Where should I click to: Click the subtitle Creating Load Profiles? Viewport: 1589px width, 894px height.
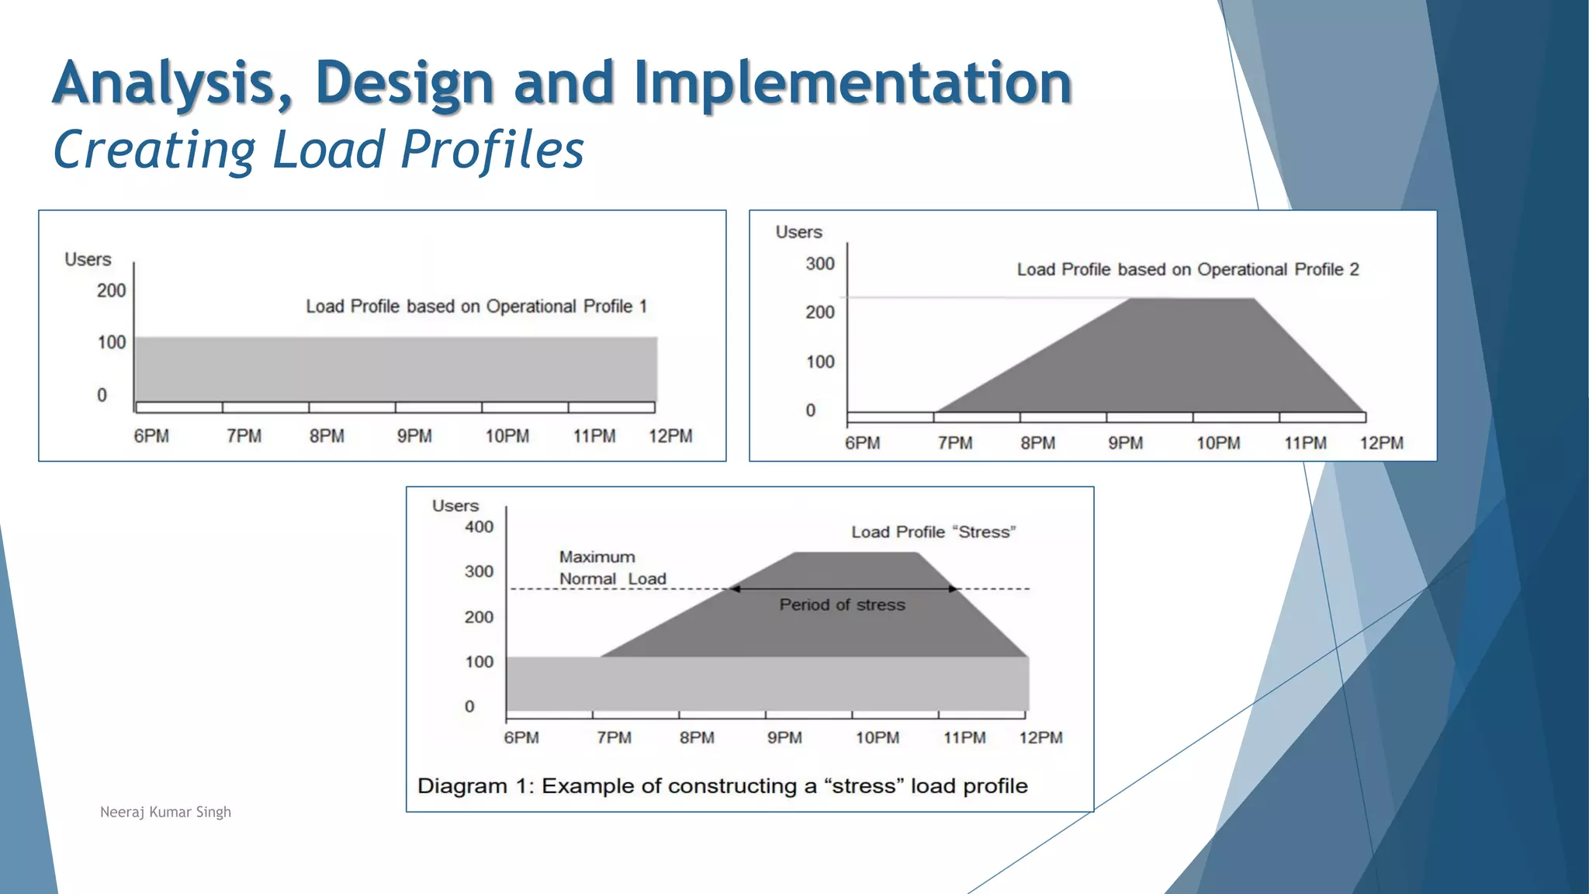tap(318, 149)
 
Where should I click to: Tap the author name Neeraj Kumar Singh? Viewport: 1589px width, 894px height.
tap(165, 812)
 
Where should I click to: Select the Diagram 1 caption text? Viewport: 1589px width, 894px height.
tap(722, 786)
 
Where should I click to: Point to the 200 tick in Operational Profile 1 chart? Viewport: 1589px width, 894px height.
tap(111, 291)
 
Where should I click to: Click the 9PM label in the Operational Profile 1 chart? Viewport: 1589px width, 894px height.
tap(414, 436)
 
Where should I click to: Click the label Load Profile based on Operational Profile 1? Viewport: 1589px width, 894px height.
tap(476, 307)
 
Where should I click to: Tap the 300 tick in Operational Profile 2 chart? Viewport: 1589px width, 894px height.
tap(819, 264)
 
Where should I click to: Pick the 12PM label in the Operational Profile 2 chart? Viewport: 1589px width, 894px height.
tap(1381, 443)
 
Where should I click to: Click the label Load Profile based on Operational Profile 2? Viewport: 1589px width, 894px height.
tap(1187, 269)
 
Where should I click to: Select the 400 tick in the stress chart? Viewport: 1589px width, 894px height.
tap(479, 527)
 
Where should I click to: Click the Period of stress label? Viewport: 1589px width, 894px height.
tap(842, 605)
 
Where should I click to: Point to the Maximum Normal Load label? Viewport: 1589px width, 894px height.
tap(611, 568)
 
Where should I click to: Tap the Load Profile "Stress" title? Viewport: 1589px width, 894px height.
tap(933, 532)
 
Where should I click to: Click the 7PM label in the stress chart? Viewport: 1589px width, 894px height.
tap(614, 738)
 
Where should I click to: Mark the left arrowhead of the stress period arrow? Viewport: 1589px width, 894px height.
tap(734, 589)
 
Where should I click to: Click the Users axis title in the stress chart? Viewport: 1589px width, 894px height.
tap(455, 506)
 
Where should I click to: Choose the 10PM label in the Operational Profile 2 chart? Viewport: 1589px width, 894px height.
tap(1217, 443)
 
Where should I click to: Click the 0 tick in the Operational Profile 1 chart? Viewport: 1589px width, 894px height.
tap(102, 395)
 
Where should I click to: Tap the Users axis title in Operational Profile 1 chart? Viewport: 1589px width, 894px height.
tap(88, 259)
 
